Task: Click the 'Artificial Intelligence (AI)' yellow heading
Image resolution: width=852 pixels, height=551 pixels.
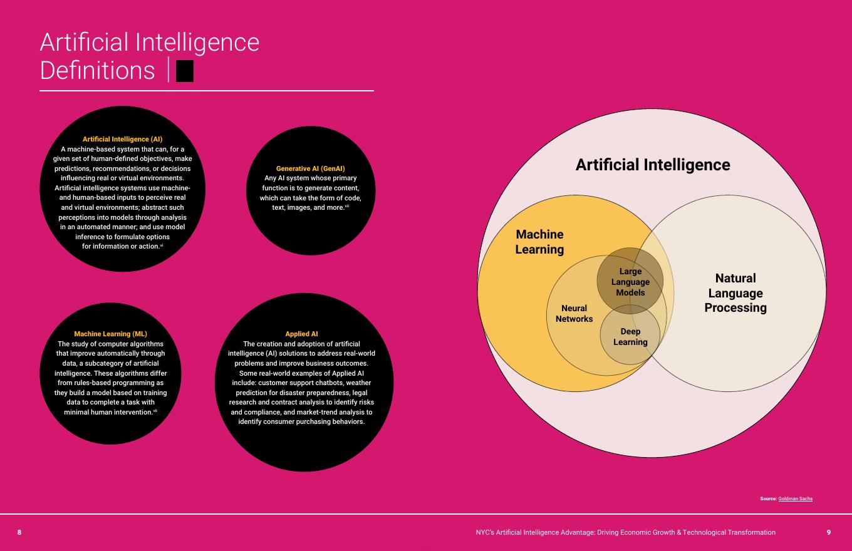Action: click(x=122, y=139)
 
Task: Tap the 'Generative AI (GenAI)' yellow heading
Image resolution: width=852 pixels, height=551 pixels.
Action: click(x=310, y=168)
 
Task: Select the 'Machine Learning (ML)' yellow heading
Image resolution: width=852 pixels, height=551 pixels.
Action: click(x=110, y=334)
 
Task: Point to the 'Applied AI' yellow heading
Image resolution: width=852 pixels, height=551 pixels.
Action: click(x=301, y=334)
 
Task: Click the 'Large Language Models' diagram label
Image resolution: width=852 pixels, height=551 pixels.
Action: click(x=630, y=282)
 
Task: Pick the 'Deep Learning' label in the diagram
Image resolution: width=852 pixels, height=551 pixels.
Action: click(x=630, y=337)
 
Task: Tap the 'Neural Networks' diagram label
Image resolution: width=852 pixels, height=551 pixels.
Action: click(x=574, y=314)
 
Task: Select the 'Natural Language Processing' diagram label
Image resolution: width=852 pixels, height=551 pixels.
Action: click(x=735, y=293)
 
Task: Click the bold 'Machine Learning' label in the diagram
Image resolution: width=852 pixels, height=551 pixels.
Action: click(x=539, y=242)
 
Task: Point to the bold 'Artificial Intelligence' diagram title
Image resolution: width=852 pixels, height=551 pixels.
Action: click(x=653, y=165)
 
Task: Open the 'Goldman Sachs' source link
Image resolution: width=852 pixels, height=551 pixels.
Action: click(x=795, y=499)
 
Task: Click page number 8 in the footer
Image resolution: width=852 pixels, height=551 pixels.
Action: click(x=19, y=532)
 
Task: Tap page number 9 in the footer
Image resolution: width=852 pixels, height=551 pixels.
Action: click(x=829, y=532)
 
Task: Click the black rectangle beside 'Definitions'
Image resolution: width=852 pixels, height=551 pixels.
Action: click(x=185, y=71)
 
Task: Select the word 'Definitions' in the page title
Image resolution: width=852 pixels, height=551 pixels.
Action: click(x=97, y=70)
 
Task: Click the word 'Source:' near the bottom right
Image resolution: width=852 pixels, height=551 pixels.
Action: click(x=768, y=499)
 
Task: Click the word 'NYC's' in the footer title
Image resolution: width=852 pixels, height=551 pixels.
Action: click(x=484, y=532)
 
